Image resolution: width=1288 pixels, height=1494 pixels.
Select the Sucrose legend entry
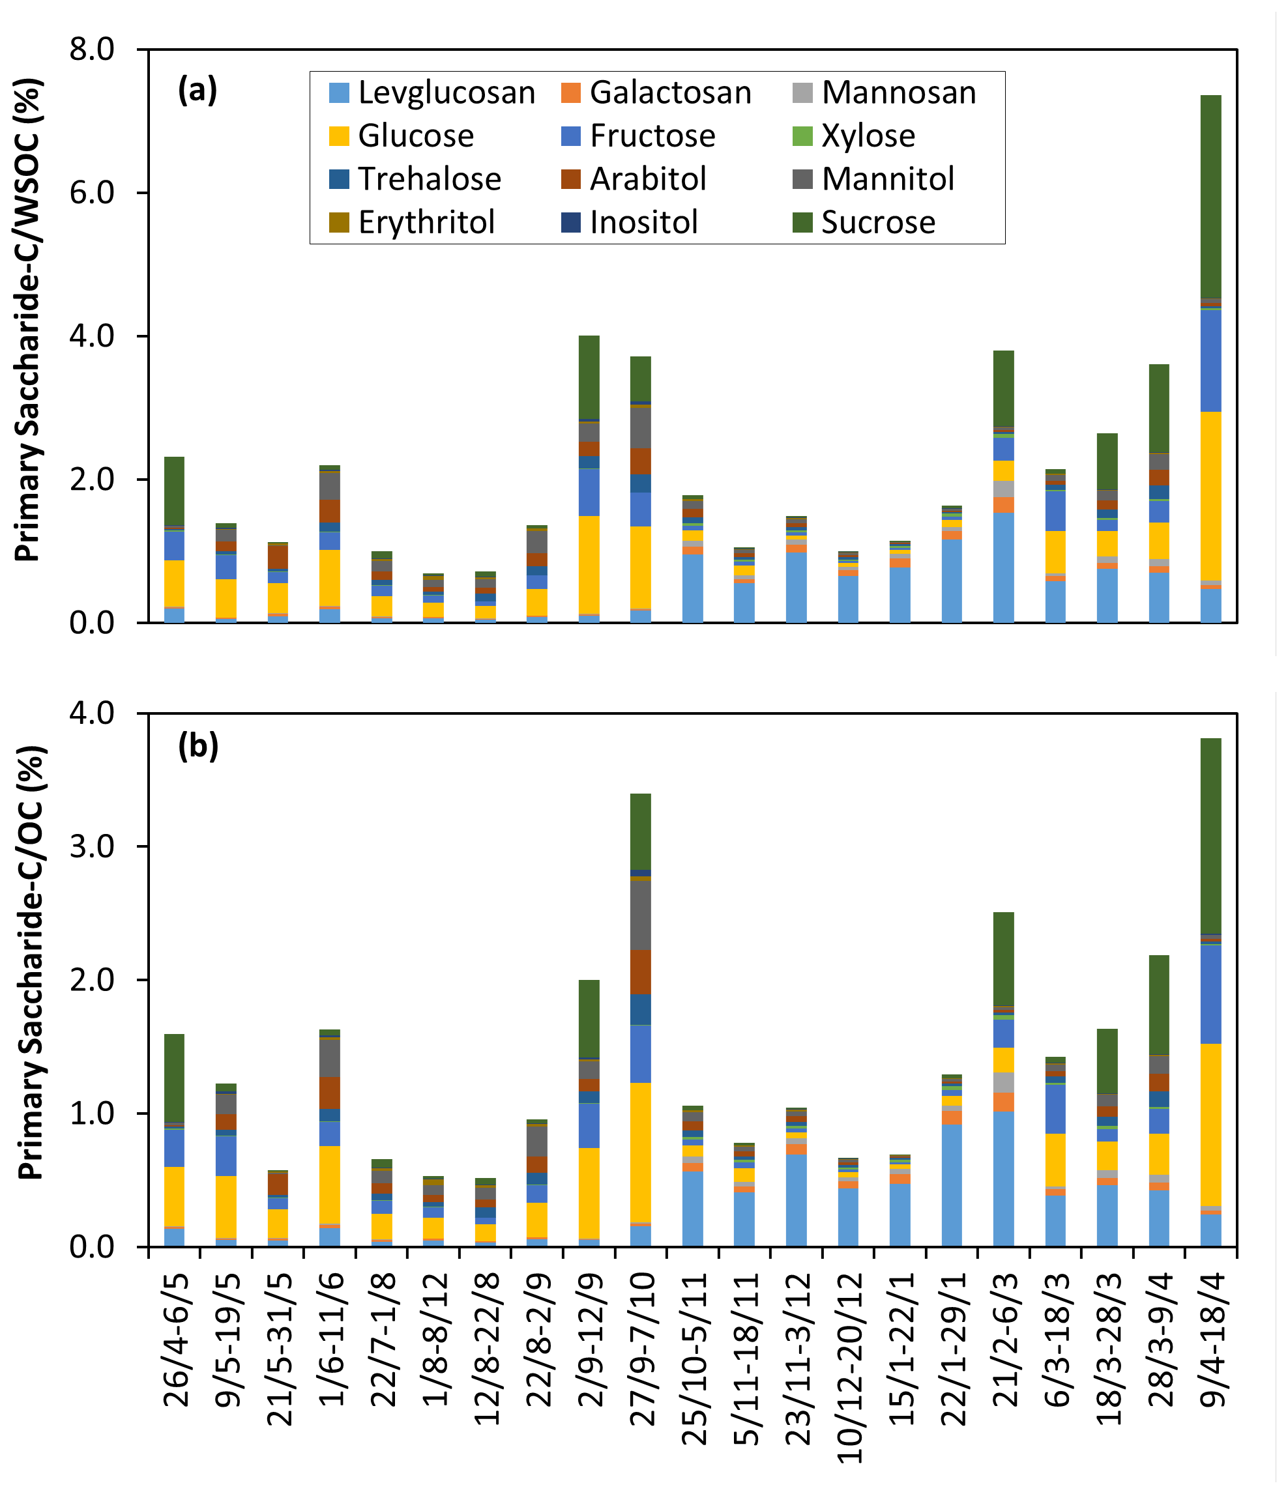click(877, 222)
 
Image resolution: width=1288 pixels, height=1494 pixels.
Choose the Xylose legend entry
click(868, 136)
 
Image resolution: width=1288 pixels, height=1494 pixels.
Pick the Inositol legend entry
click(643, 222)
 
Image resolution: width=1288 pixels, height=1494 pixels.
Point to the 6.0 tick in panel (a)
click(92, 192)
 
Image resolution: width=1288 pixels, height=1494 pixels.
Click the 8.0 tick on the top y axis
click(92, 49)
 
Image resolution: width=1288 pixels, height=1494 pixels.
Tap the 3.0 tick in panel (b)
click(92, 846)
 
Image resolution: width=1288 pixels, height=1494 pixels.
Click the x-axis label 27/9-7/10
click(643, 1358)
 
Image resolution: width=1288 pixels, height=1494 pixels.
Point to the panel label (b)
click(198, 745)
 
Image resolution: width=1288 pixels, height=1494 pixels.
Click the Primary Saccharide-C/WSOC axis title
click(29, 319)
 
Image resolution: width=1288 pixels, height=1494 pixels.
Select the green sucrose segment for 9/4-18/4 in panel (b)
click(1210, 836)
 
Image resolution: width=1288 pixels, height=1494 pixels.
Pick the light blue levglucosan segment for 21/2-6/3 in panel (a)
click(1003, 567)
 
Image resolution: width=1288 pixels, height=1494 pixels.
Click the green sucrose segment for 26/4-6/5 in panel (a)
click(175, 491)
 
